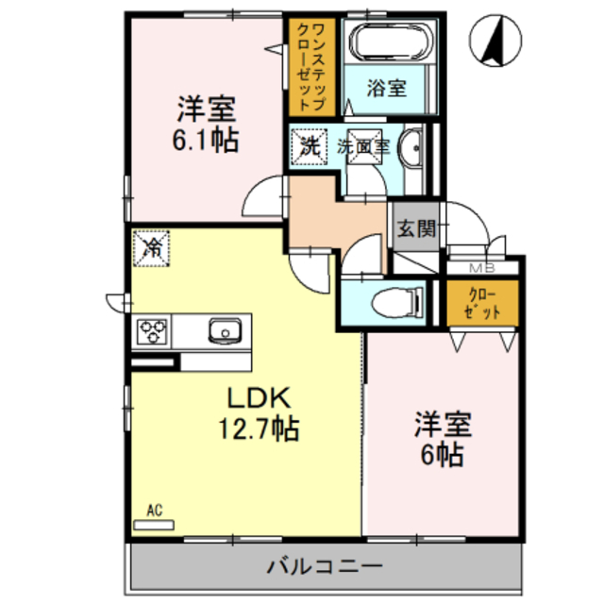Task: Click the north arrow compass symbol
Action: point(495,41)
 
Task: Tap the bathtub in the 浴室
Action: point(391,42)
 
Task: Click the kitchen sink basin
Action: point(225,330)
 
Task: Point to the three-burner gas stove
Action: point(152,331)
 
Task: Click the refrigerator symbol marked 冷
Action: point(151,248)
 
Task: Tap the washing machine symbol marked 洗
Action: point(309,147)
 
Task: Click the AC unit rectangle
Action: point(154,525)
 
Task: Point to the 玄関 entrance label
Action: point(416,228)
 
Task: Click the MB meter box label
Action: point(482,268)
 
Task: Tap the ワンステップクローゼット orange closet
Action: point(311,67)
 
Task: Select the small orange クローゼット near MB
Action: point(482,303)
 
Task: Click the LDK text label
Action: point(259,398)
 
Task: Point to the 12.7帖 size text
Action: point(259,428)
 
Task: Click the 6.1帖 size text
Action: point(206,140)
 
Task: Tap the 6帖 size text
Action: point(442,455)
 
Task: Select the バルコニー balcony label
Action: point(325,566)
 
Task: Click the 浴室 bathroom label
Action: point(386,88)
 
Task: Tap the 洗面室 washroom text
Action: point(363,147)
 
